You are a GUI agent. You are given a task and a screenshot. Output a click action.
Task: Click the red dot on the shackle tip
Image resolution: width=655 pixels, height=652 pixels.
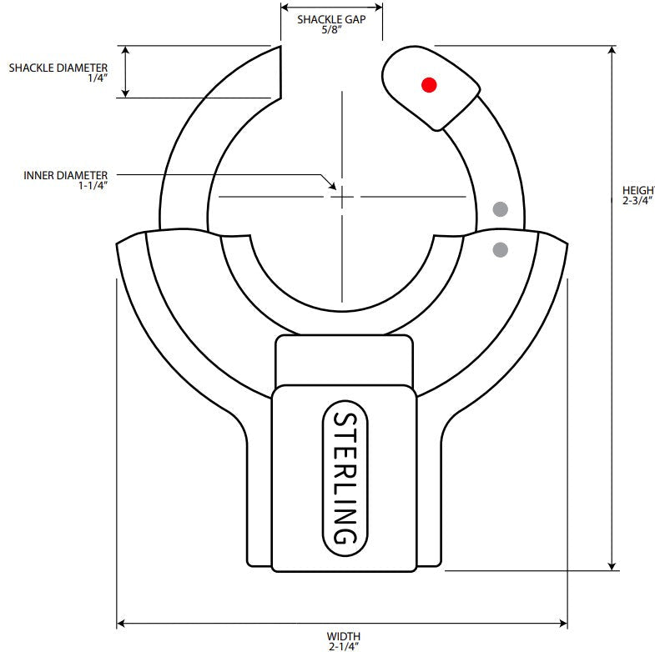(429, 84)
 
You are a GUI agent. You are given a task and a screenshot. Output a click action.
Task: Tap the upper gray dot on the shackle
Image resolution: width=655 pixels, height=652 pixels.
(500, 208)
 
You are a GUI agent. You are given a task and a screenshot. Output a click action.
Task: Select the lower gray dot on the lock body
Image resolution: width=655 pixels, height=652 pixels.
(501, 248)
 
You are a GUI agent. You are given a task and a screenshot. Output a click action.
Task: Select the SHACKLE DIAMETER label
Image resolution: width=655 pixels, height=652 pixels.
(58, 67)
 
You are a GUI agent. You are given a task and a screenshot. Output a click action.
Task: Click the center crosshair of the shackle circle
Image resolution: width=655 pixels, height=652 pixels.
(342, 197)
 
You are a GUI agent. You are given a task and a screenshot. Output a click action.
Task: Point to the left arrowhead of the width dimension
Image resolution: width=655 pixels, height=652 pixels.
(121, 623)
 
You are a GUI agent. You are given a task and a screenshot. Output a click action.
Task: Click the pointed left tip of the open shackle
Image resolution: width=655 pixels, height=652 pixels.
(277, 48)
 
